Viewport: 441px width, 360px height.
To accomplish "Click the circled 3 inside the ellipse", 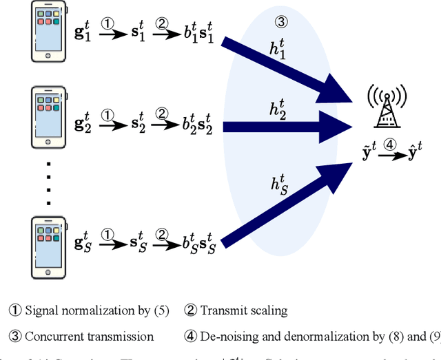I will [x=281, y=21].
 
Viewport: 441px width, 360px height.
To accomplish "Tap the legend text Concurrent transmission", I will [x=90, y=337].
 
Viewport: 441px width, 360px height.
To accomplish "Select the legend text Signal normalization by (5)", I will [x=96, y=310].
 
